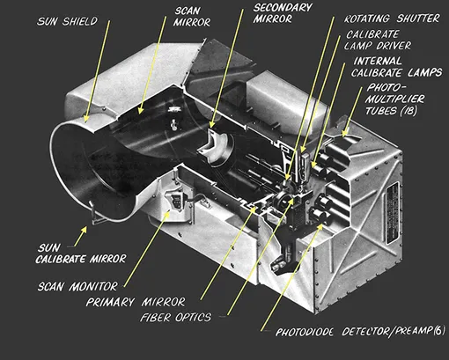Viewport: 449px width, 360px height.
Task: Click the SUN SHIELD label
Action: pyautogui.click(x=67, y=21)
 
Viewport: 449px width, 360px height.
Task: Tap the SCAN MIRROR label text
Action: pyautogui.click(x=192, y=17)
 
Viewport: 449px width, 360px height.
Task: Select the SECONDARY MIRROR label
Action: pyautogui.click(x=283, y=13)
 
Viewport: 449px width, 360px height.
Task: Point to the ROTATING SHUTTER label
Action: pyautogui.click(x=392, y=18)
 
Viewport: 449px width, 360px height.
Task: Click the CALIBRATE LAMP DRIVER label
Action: pyautogui.click(x=378, y=40)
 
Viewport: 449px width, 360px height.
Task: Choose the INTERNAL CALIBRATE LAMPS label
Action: pyautogui.click(x=396, y=67)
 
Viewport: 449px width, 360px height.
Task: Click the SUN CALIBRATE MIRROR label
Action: pyautogui.click(x=81, y=253)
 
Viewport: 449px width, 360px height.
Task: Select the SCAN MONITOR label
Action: pyautogui.click(x=77, y=286)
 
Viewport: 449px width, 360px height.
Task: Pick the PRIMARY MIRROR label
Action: pyautogui.click(x=136, y=302)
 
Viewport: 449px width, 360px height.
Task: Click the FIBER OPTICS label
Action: pyautogui.click(x=175, y=318)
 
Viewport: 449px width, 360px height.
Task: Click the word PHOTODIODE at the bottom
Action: pyautogui.click(x=305, y=332)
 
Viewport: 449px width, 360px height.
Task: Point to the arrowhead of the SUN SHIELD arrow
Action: pyautogui.click(x=86, y=119)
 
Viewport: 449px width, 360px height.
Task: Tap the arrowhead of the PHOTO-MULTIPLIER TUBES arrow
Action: pyautogui.click(x=345, y=133)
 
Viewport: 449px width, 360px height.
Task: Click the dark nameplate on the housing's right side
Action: pyautogui.click(x=393, y=213)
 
